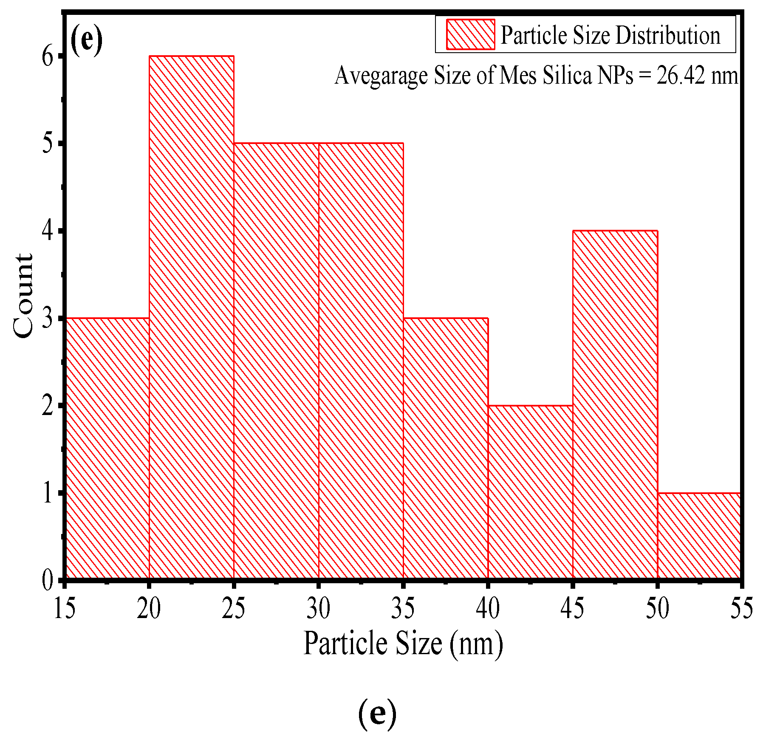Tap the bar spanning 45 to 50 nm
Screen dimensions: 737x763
click(x=615, y=404)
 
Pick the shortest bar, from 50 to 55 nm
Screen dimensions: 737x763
click(x=699, y=535)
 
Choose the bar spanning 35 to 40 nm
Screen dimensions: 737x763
click(x=445, y=448)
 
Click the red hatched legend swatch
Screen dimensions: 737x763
click(x=470, y=34)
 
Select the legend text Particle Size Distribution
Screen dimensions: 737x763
click(x=610, y=35)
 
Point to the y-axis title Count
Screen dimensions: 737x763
click(x=23, y=296)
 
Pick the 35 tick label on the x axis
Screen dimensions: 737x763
click(x=403, y=608)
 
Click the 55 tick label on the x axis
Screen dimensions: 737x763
click(x=741, y=608)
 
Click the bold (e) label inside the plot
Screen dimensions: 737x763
click(x=86, y=39)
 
